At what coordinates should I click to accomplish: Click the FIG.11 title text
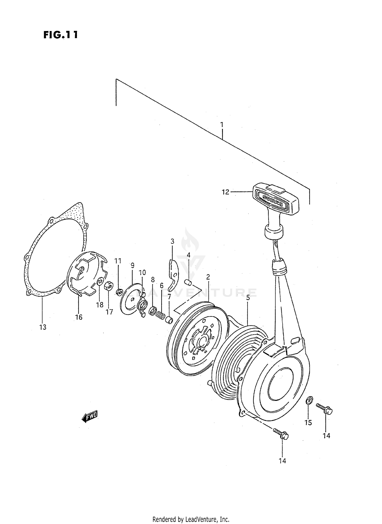tap(60, 35)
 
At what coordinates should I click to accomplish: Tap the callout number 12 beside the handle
tap(225, 192)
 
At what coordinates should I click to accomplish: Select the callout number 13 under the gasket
tap(43, 327)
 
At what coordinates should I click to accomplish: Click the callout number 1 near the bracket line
tap(222, 125)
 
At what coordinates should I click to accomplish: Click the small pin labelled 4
tap(188, 282)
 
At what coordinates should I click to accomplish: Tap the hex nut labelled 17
tap(109, 287)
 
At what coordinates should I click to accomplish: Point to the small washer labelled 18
tap(100, 282)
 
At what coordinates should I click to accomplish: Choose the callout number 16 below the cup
tap(79, 317)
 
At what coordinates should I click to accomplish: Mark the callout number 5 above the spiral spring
tap(248, 298)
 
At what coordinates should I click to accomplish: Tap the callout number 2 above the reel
tap(208, 277)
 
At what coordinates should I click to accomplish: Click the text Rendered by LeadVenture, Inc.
tap(191, 519)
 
